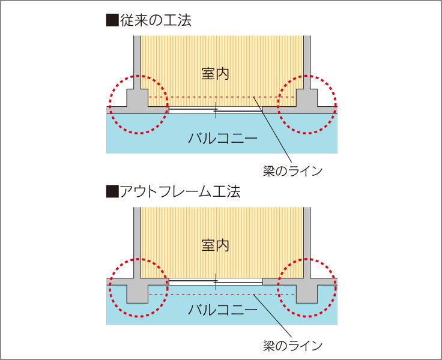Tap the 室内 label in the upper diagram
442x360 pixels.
pyautogui.click(x=216, y=74)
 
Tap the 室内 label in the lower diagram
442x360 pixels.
pyautogui.click(x=216, y=245)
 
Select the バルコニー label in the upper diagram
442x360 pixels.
pyautogui.click(x=222, y=139)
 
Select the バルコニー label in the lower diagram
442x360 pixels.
pyautogui.click(x=222, y=310)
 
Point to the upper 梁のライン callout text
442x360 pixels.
pyautogui.click(x=292, y=170)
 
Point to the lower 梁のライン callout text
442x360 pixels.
pyautogui.click(x=292, y=346)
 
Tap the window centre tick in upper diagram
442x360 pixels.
pyautogui.click(x=216, y=110)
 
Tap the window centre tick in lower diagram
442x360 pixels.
pyautogui.click(x=216, y=281)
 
